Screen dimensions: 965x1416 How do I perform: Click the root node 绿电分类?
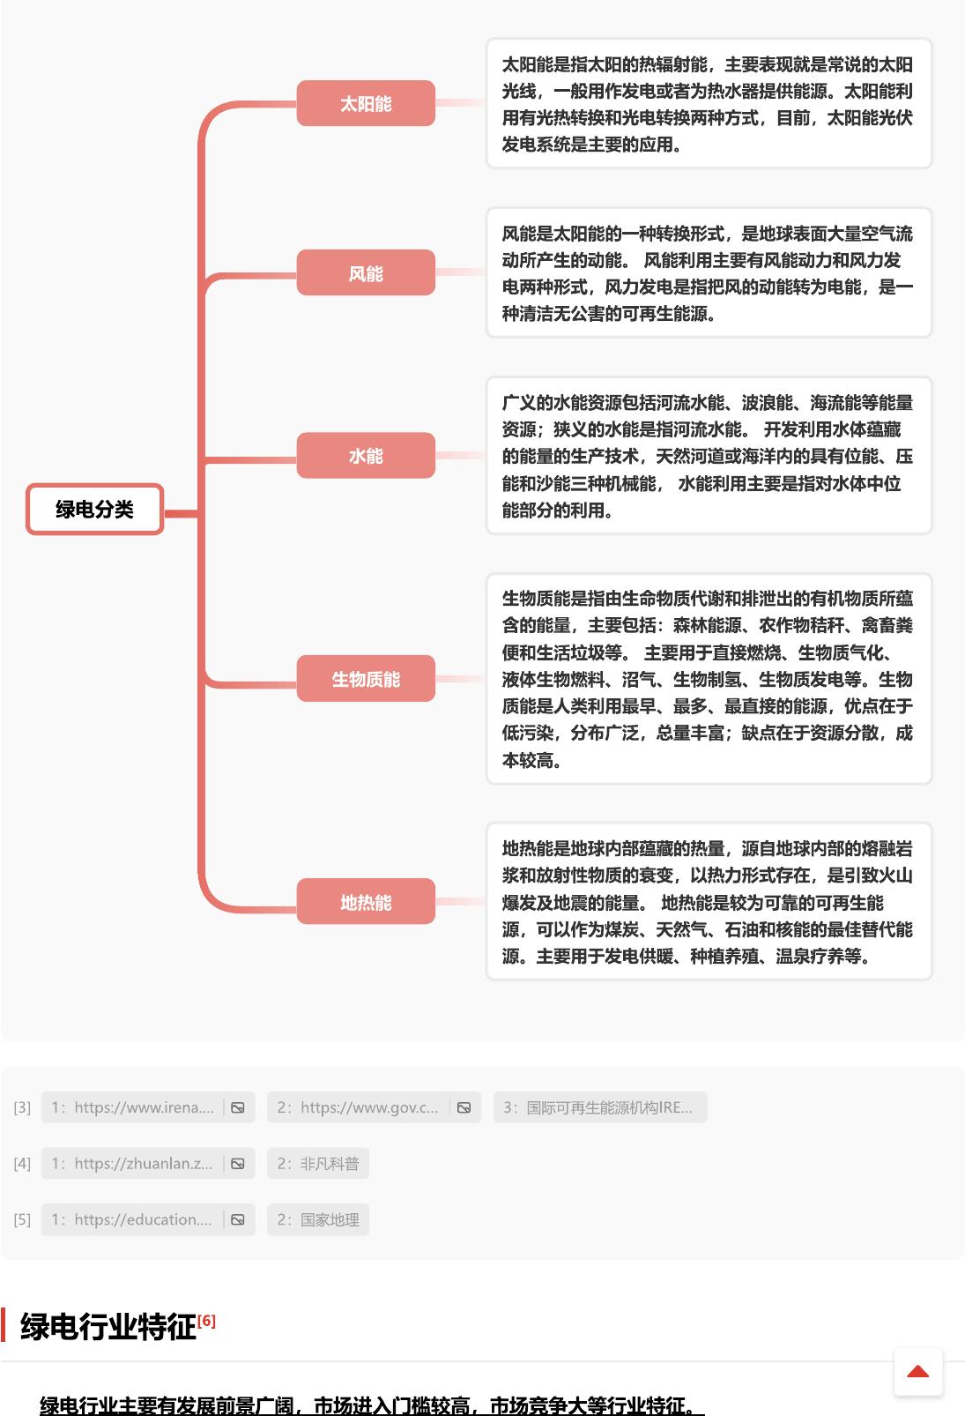[x=95, y=509]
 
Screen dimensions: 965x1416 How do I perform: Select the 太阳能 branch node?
[x=366, y=103]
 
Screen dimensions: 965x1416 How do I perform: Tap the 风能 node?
[x=366, y=272]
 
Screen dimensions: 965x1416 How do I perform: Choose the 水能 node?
[x=366, y=455]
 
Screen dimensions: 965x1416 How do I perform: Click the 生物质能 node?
[x=366, y=678]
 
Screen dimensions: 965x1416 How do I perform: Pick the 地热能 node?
[x=366, y=901]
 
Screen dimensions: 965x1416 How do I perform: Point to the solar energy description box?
[x=709, y=104]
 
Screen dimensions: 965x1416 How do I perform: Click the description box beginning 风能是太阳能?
[x=709, y=272]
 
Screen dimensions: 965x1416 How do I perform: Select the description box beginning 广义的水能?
[x=709, y=456]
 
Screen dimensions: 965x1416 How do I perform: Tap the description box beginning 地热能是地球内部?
[x=709, y=901]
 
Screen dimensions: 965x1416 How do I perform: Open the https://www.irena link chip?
[x=148, y=1107]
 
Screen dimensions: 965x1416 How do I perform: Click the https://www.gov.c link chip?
[x=375, y=1107]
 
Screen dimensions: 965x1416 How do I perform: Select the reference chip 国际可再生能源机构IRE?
[x=600, y=1107]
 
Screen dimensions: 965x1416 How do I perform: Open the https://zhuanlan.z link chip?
[x=148, y=1164]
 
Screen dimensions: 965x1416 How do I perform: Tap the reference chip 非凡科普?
[x=318, y=1164]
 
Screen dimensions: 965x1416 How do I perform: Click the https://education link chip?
[x=148, y=1219]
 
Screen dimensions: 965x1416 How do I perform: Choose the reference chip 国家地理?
[x=318, y=1219]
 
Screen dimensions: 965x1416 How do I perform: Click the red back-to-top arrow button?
[x=918, y=1372]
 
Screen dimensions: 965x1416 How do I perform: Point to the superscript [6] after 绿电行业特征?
[x=206, y=1321]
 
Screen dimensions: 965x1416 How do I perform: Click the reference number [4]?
[x=22, y=1164]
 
